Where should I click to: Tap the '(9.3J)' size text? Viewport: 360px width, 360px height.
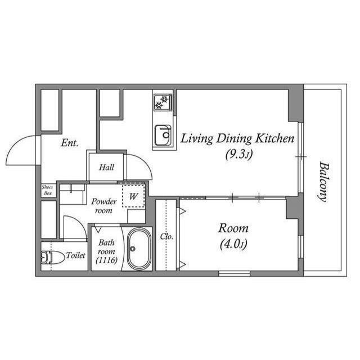[237, 155]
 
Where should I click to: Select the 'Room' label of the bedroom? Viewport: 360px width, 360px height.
[233, 228]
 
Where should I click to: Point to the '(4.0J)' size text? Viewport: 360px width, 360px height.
[233, 244]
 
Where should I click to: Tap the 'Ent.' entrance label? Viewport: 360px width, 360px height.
[69, 143]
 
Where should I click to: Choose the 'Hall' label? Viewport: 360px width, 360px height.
[106, 167]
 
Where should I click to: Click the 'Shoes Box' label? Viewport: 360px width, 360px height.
[48, 190]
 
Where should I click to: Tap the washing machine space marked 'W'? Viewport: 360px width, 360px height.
[134, 196]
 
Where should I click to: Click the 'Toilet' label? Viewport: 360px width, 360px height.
[76, 255]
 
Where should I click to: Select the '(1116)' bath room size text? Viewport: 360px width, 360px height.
[106, 260]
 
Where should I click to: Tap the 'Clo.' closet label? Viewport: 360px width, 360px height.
[166, 236]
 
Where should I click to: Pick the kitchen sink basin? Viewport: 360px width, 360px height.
[163, 135]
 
